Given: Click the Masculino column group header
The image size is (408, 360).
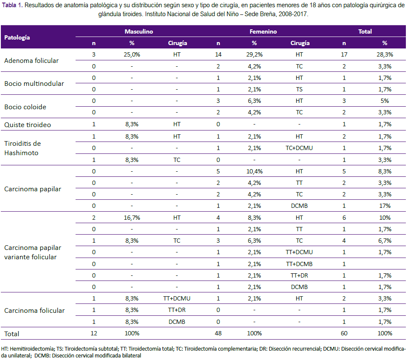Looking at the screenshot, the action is [139, 31].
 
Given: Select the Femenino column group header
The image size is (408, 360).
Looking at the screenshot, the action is [263, 31].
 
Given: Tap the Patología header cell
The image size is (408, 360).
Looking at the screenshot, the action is [17, 37].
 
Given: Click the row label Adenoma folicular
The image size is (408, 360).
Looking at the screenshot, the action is [31, 61].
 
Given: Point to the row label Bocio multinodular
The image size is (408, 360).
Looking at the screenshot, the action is [34, 84].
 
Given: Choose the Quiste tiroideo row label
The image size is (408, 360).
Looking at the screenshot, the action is [28, 125].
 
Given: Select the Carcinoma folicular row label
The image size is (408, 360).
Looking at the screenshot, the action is [34, 311].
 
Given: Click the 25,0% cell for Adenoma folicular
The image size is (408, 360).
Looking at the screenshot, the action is [132, 55].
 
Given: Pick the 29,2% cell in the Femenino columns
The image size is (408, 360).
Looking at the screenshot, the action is [254, 55].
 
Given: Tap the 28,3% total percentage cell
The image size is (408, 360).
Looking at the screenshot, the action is [385, 55].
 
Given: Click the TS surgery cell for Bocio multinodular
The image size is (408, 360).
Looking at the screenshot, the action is [299, 89].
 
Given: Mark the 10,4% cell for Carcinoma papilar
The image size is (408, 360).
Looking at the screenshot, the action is [254, 171].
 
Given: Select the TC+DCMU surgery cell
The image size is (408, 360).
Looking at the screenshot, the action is [299, 148].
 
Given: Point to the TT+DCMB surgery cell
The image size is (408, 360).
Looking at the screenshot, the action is [299, 264].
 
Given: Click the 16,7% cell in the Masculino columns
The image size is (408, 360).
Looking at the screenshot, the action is [132, 218].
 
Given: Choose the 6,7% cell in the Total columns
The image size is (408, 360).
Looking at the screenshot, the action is [385, 241].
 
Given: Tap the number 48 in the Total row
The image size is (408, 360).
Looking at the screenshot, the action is [218, 333].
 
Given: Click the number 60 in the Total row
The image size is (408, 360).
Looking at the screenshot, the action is [344, 333].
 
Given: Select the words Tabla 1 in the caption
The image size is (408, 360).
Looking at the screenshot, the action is [12, 6].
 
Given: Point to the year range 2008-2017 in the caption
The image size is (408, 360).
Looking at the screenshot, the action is [293, 14].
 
